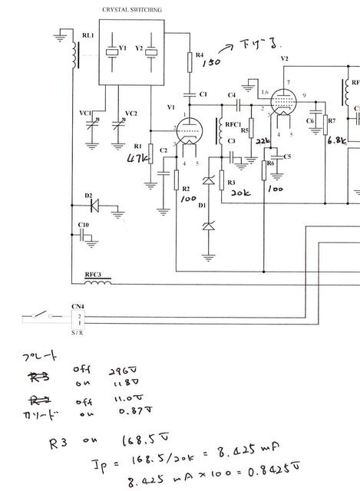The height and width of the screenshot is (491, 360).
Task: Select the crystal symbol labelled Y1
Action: pos(112,52)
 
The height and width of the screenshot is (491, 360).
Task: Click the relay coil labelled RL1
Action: pos(74,54)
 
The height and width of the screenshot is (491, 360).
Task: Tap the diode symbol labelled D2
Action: pos(94,205)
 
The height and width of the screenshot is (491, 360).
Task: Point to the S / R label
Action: pos(78,331)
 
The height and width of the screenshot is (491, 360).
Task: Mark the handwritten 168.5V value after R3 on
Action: pos(138,441)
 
